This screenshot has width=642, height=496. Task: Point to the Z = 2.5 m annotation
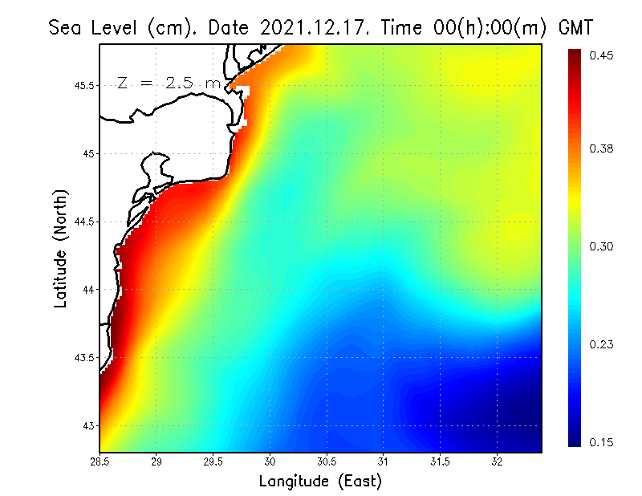[169, 83]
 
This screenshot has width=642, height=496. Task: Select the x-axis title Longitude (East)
[320, 481]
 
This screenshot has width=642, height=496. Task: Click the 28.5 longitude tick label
[100, 461]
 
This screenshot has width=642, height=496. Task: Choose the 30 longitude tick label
[270, 461]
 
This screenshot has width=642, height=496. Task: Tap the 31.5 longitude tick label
[440, 461]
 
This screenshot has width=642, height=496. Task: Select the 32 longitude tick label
[497, 461]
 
